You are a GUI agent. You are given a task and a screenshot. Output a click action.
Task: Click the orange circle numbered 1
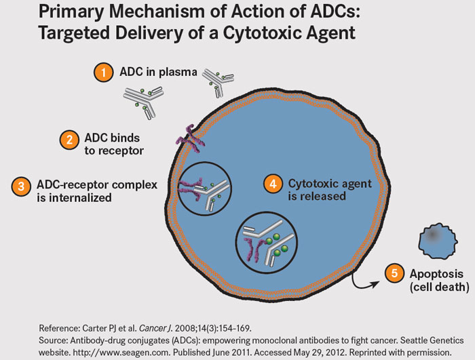pyautogui.click(x=104, y=73)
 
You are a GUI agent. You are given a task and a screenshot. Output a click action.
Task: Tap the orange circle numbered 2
pyautogui.click(x=69, y=140)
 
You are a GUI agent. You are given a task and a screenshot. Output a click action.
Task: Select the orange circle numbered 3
pyautogui.click(x=21, y=186)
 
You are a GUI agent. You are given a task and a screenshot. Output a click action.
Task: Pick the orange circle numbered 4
pyautogui.click(x=273, y=184)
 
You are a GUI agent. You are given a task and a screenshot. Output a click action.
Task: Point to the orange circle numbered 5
pyautogui.click(x=394, y=273)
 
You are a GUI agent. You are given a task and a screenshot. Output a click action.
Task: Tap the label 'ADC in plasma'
pyautogui.click(x=158, y=72)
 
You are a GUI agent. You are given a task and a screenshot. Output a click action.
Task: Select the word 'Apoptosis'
pyautogui.click(x=436, y=275)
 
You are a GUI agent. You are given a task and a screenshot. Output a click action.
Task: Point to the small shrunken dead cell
pyautogui.click(x=438, y=241)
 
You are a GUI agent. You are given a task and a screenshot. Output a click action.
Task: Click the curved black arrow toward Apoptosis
pyautogui.click(x=362, y=283)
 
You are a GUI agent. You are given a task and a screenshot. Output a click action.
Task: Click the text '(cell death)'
pyautogui.click(x=440, y=287)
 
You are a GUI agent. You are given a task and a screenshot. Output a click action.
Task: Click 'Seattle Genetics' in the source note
pyautogui.click(x=432, y=340)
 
